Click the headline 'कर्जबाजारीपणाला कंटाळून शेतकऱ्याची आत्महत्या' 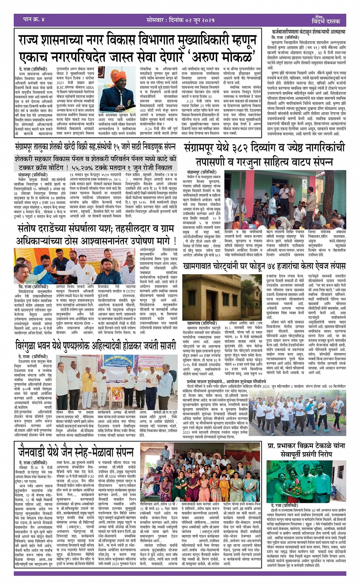pyautogui.click(x=309, y=32)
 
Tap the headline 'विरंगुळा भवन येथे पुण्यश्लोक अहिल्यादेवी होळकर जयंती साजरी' pyautogui.click(x=95, y=346)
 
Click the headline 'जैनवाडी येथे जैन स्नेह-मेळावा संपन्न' pyautogui.click(x=76, y=452)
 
